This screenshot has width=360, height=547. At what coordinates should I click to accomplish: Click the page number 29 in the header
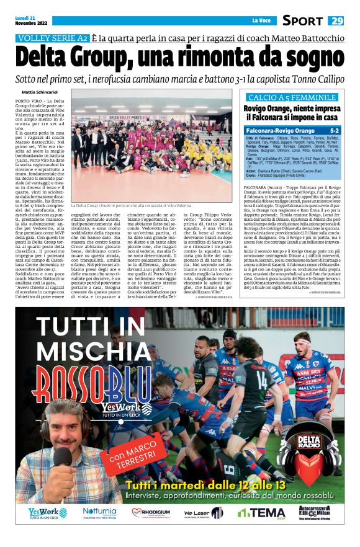coord(336,21)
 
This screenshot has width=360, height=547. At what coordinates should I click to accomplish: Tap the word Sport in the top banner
coord(302,21)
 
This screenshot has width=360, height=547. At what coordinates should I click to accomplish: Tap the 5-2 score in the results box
coord(334,131)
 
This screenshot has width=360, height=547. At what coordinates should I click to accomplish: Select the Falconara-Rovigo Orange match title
coord(280,131)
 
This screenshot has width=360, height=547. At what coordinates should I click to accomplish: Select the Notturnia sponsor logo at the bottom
coord(99,512)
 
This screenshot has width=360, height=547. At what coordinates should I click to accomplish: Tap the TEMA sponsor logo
coord(261,513)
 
